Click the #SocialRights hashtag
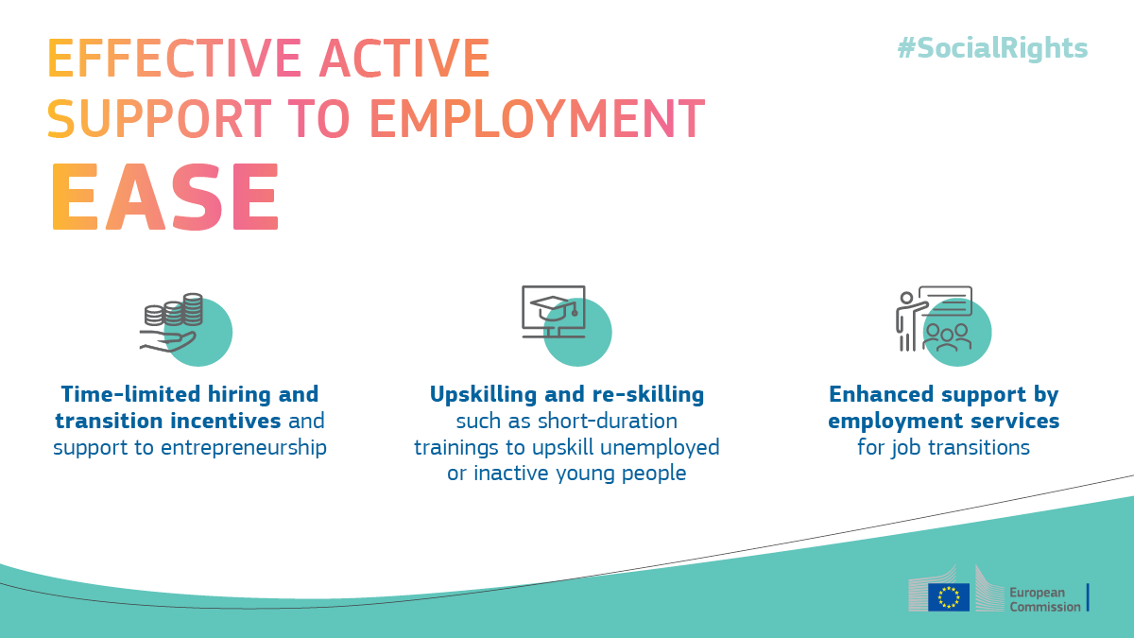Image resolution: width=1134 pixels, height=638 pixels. coord(992,49)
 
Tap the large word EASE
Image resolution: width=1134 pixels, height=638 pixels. coord(164,198)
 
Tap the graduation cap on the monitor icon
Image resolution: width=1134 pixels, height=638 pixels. coord(554,308)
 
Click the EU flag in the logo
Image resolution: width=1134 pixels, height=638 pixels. coord(949,597)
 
